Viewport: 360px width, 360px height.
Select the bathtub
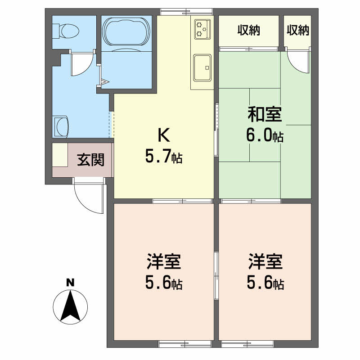(x=126, y=31)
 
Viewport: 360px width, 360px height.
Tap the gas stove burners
(x=202, y=28)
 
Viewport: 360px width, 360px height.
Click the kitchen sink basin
(x=202, y=68)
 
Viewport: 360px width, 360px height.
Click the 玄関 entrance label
(x=91, y=160)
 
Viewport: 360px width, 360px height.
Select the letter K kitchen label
(x=164, y=135)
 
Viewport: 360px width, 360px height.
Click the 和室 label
(x=265, y=114)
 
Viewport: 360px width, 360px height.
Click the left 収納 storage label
(x=249, y=30)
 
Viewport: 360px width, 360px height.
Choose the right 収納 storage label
(x=298, y=30)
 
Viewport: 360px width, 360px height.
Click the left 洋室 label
(x=164, y=261)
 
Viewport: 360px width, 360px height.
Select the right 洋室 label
(x=265, y=261)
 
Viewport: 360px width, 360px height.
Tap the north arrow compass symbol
(x=70, y=306)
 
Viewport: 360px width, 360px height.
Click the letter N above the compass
(x=70, y=283)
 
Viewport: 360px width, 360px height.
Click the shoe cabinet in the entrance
(x=60, y=155)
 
